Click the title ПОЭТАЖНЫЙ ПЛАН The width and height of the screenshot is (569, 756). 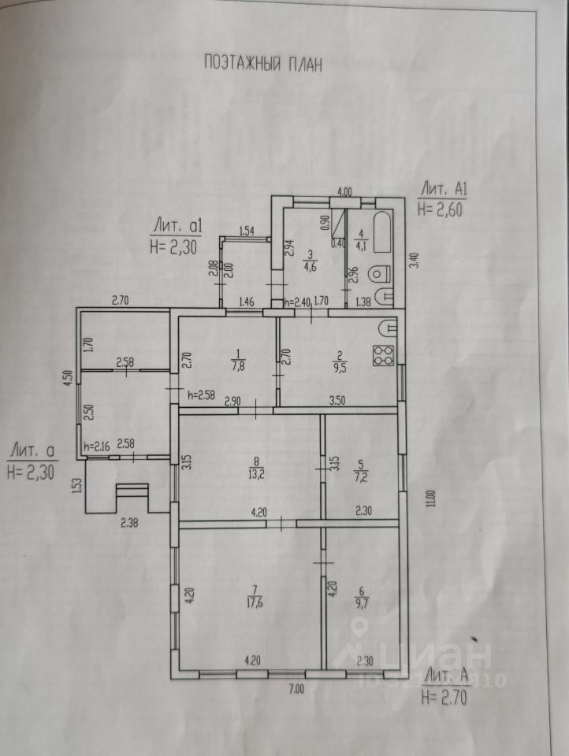262,64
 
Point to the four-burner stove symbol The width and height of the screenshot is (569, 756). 383,356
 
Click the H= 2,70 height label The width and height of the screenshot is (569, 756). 445,696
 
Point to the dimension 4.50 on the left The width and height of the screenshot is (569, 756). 68,377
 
